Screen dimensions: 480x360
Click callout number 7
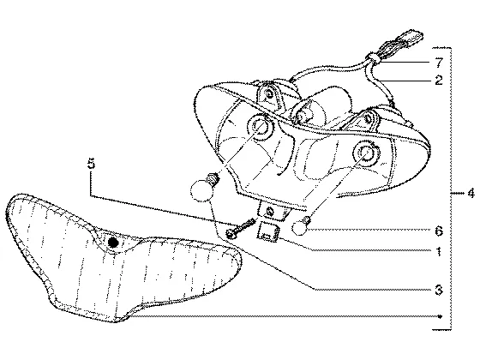(x=439, y=63)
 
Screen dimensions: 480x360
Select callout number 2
(x=439, y=81)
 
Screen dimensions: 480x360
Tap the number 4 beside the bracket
(x=471, y=194)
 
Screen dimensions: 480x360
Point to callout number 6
(x=439, y=231)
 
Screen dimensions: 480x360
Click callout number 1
(x=439, y=252)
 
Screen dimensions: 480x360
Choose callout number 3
(x=439, y=290)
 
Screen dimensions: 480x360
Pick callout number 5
(x=91, y=164)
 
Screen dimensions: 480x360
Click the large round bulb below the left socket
(x=202, y=189)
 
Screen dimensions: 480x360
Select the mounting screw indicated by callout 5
(x=241, y=228)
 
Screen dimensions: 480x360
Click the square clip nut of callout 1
(x=267, y=231)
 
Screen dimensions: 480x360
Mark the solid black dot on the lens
(x=113, y=243)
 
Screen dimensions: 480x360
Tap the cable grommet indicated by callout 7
(x=373, y=58)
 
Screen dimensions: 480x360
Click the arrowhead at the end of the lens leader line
(x=440, y=316)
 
